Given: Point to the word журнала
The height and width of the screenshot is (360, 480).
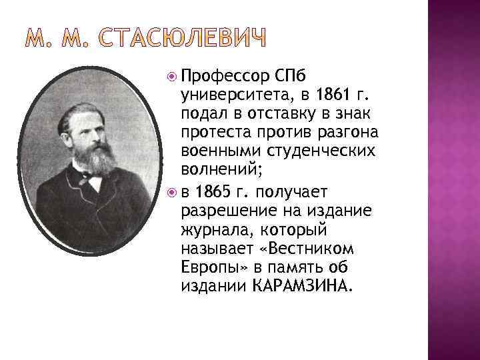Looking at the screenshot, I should pos(209,230).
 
